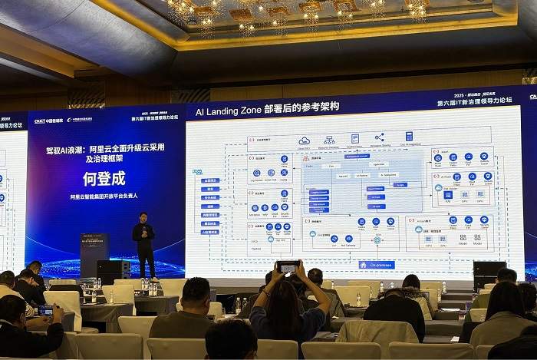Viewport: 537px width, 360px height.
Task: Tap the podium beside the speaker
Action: click(x=94, y=253)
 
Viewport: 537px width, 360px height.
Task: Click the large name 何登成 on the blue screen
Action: click(x=104, y=179)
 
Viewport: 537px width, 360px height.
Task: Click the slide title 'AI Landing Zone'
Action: click(x=226, y=111)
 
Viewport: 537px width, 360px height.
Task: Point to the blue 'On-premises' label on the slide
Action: click(x=377, y=264)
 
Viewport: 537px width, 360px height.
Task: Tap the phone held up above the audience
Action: click(x=288, y=267)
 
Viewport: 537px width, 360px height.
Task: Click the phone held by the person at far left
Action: click(x=46, y=310)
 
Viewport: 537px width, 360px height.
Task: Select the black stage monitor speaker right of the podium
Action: click(x=114, y=269)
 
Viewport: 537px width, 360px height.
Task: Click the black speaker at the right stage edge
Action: click(x=489, y=270)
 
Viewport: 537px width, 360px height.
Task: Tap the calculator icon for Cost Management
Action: click(x=409, y=136)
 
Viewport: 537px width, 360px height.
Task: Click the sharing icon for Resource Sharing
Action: click(x=378, y=137)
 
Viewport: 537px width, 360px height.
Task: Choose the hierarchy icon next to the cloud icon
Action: click(x=329, y=140)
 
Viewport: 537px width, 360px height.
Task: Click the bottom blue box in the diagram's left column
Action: click(x=209, y=231)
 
